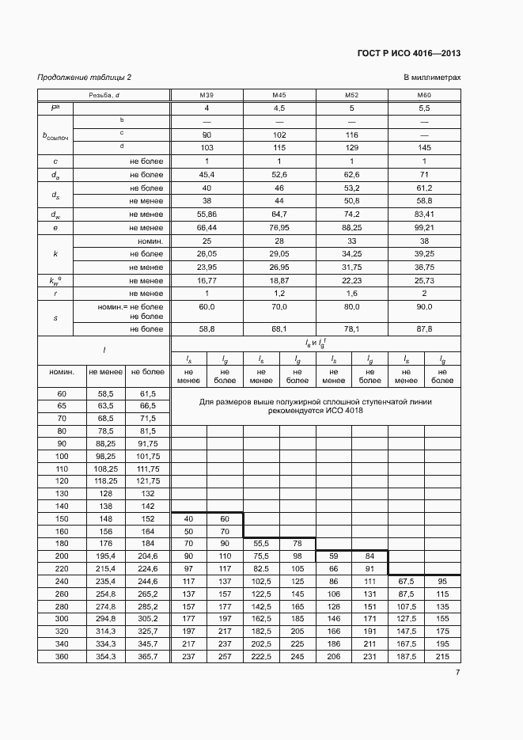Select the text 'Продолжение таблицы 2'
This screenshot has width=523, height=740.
tap(85, 77)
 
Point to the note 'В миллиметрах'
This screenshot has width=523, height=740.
tap(431, 77)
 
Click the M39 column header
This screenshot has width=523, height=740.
tap(207, 95)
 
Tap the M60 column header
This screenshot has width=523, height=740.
tap(424, 95)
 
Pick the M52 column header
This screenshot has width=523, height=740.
tap(352, 95)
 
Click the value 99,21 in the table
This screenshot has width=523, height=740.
tap(424, 227)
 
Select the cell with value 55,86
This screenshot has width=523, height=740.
tap(207, 214)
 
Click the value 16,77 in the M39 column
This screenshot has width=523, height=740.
tap(207, 280)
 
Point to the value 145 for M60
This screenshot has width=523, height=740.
tap(424, 147)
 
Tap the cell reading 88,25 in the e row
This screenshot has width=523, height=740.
tap(352, 227)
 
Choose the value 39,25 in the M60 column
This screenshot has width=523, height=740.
tap(424, 254)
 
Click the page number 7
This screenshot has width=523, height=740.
tap(457, 673)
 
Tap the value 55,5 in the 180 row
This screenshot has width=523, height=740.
tap(260, 544)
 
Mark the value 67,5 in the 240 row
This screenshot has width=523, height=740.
tap(405, 581)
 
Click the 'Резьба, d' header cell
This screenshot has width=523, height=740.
tap(104, 95)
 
